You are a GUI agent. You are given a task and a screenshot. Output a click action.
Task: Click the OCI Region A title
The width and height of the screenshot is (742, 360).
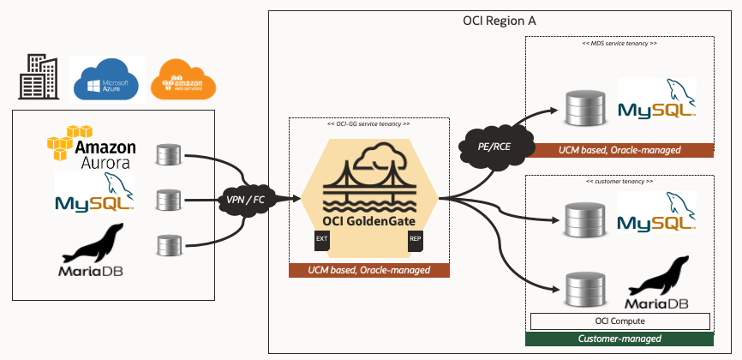click(x=494, y=21)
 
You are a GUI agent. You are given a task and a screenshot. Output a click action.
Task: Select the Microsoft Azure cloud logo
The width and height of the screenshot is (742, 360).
click(x=107, y=81)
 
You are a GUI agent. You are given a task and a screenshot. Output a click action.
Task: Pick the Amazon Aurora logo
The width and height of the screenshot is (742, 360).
click(x=92, y=147)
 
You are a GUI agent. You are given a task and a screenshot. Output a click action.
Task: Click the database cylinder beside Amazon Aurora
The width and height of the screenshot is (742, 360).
click(x=167, y=156)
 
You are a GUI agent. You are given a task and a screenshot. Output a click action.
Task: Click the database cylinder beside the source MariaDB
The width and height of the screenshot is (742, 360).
click(x=167, y=246)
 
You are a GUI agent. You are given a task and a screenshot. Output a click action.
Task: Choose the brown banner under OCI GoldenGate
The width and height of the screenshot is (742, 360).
click(x=368, y=271)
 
